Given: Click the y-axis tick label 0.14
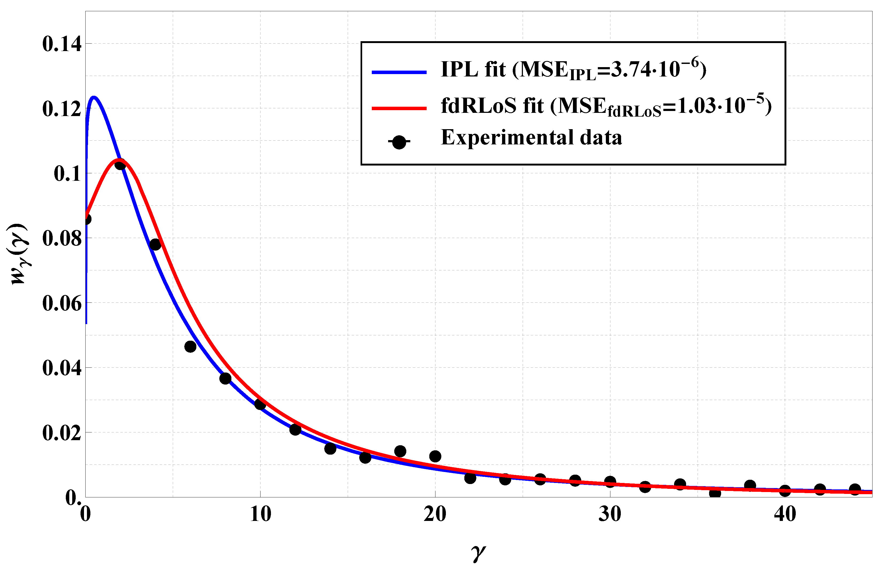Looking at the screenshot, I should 62,44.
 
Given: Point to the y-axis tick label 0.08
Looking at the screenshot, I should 62,239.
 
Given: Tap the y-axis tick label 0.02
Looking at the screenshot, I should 62,433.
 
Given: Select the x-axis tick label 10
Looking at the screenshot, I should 260,514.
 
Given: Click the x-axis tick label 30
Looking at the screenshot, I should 610,514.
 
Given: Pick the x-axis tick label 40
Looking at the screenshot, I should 785,514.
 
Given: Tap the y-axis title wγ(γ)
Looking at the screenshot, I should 18,254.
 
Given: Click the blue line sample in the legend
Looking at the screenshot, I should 399,72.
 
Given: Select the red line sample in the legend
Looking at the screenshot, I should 399,108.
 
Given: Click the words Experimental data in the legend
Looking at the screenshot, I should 531,137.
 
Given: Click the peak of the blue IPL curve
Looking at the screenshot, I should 94,98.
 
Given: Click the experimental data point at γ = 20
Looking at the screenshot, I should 435,456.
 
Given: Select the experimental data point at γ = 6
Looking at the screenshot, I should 190,347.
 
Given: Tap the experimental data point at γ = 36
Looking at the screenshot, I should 715,493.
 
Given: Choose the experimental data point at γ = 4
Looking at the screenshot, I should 155,244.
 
